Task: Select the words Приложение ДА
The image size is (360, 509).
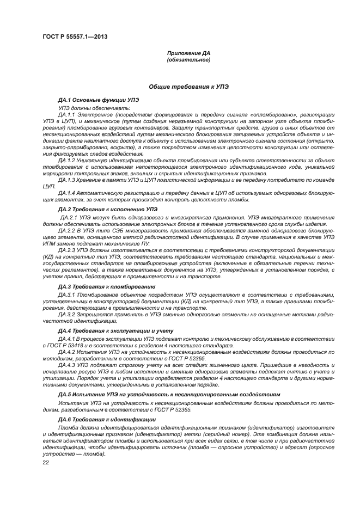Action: [188, 53]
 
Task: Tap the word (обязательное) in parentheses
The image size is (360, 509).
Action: [188, 59]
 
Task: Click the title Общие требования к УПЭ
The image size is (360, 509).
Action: [188, 87]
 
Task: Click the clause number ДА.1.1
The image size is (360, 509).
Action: [68, 115]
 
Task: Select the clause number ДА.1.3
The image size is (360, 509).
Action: [68, 179]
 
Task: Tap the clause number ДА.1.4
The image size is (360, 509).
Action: [68, 193]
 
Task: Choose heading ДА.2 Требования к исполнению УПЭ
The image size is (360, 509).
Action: [100, 209]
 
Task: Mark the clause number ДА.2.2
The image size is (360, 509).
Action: [69, 230]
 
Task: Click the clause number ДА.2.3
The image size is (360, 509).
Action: [69, 252]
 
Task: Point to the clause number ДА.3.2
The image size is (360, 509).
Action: [68, 315]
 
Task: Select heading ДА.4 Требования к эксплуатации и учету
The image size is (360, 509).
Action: [108, 330]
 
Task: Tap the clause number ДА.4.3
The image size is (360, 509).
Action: [68, 366]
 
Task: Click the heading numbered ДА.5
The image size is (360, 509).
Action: [66, 394]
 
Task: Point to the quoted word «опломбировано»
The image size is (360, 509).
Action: [274, 115]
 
